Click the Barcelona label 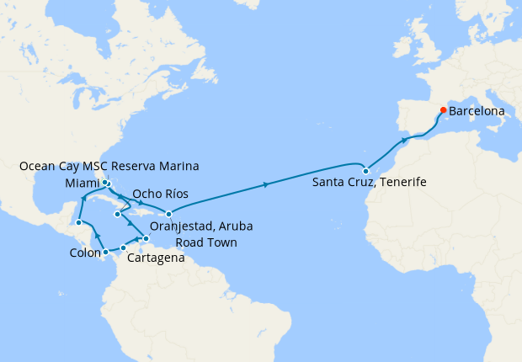tap(477, 110)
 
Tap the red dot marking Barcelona tap(443, 109)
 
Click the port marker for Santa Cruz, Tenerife tap(365, 171)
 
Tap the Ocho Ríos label tap(160, 194)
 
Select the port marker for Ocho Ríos tap(117, 216)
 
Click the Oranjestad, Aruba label tap(200, 226)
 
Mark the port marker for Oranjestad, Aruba tap(146, 239)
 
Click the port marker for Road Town tap(169, 214)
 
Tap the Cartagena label tap(156, 258)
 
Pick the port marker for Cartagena tap(124, 248)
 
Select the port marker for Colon tap(105, 252)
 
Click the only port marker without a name tap(77, 223)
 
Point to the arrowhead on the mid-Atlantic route tap(267, 184)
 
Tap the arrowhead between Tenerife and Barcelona tap(405, 140)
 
